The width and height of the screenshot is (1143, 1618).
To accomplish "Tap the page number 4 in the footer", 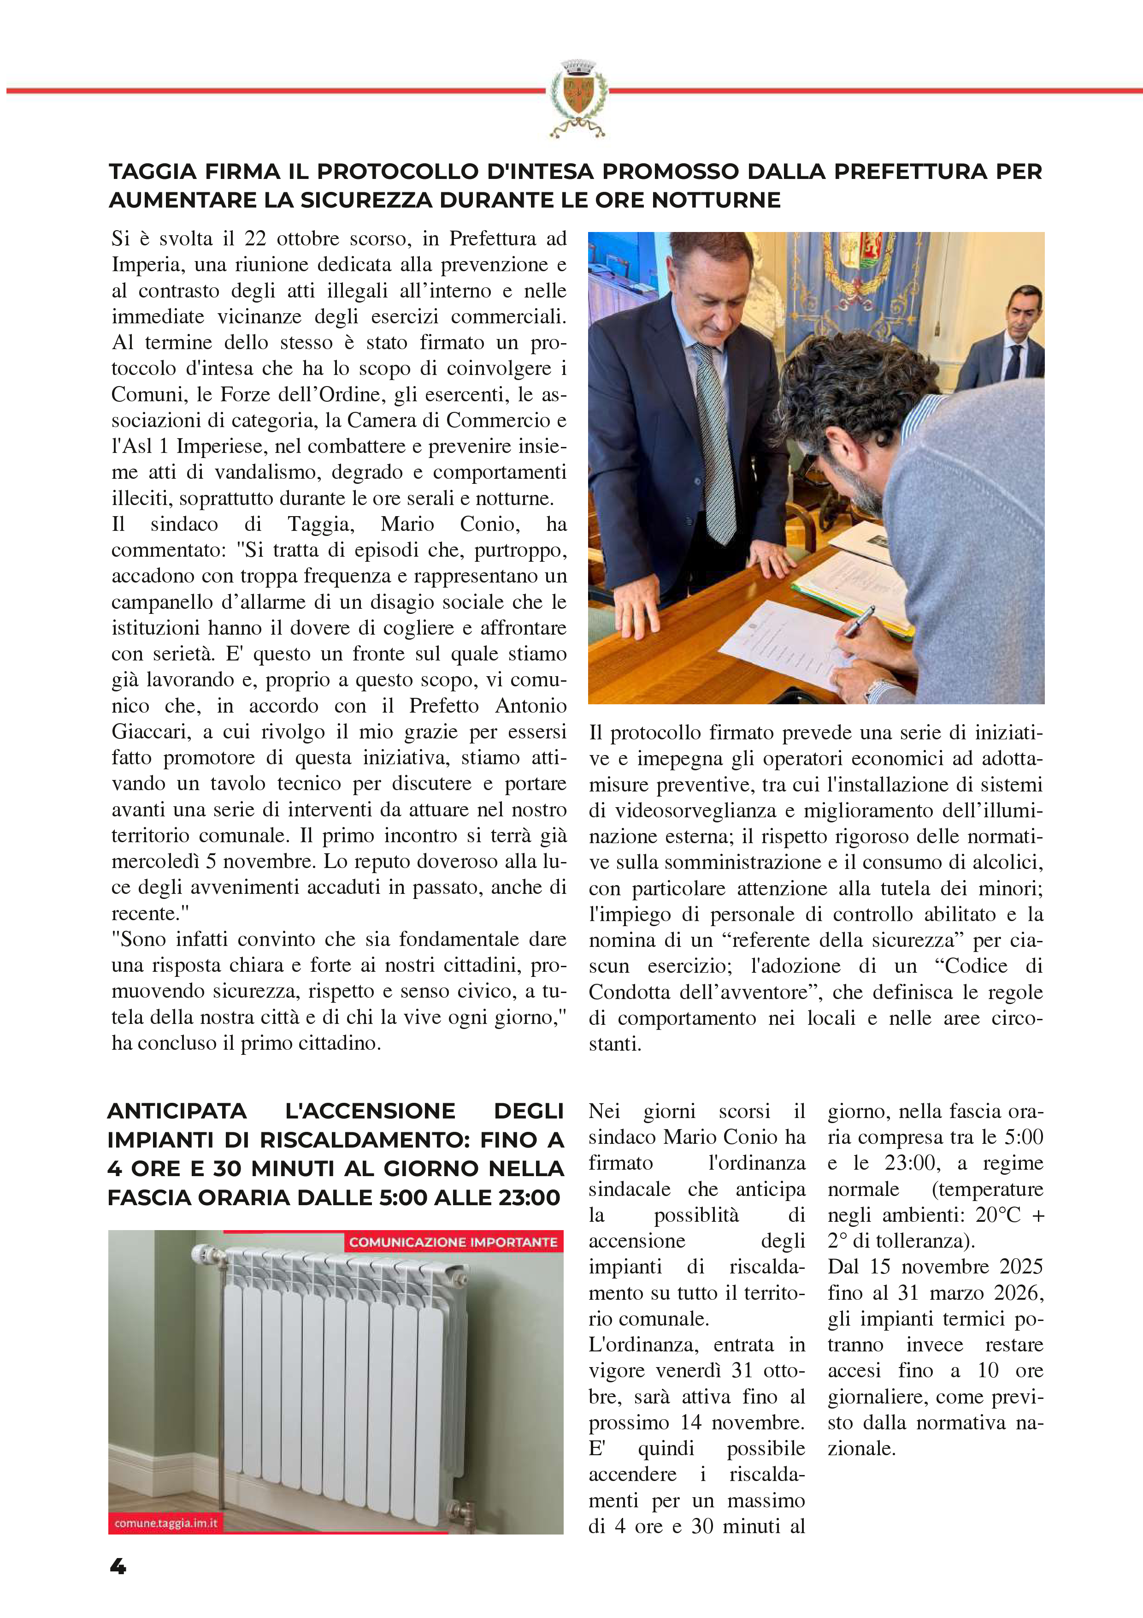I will click(x=118, y=1566).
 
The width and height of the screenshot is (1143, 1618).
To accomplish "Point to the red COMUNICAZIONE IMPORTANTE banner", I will click(x=453, y=1242).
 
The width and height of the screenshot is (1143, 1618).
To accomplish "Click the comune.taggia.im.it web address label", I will click(x=165, y=1523).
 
